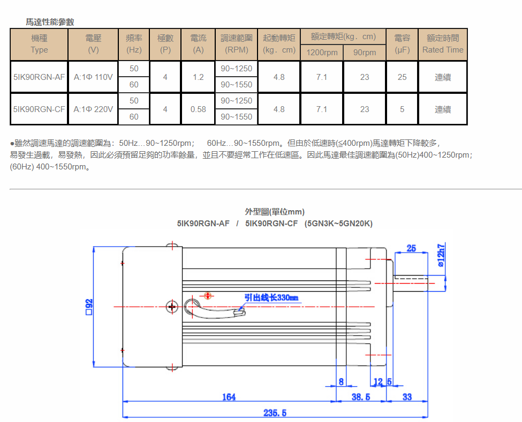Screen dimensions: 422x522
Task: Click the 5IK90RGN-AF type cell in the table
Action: pos(39,77)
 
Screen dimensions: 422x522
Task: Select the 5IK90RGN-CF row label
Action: pos(39,109)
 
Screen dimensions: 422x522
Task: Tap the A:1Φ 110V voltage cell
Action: pos(93,77)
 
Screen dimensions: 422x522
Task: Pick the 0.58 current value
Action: pos(198,109)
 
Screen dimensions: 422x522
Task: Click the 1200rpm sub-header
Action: pos(322,53)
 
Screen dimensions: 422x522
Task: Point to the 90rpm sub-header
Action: pos(365,53)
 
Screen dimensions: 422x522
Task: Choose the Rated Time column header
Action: pos(443,44)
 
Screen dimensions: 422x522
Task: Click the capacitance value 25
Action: pos(402,77)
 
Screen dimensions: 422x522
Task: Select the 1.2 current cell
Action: pos(198,77)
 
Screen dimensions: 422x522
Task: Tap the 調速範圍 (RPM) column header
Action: pos(236,44)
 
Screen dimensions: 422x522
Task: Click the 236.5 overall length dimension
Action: pos(275,413)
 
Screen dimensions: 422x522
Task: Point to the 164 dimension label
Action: pos(229,397)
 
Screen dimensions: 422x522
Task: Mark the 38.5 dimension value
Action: pos(361,397)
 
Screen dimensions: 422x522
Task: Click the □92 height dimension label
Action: pos(89,307)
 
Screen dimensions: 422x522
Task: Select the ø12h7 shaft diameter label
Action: pos(441,255)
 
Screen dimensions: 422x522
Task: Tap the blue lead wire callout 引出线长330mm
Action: pos(271,298)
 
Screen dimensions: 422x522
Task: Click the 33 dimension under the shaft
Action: pos(407,397)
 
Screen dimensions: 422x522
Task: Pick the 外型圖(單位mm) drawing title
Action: pos(275,212)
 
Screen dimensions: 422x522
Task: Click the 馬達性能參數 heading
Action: pos(50,22)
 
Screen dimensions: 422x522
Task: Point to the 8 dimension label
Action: pos(341,382)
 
